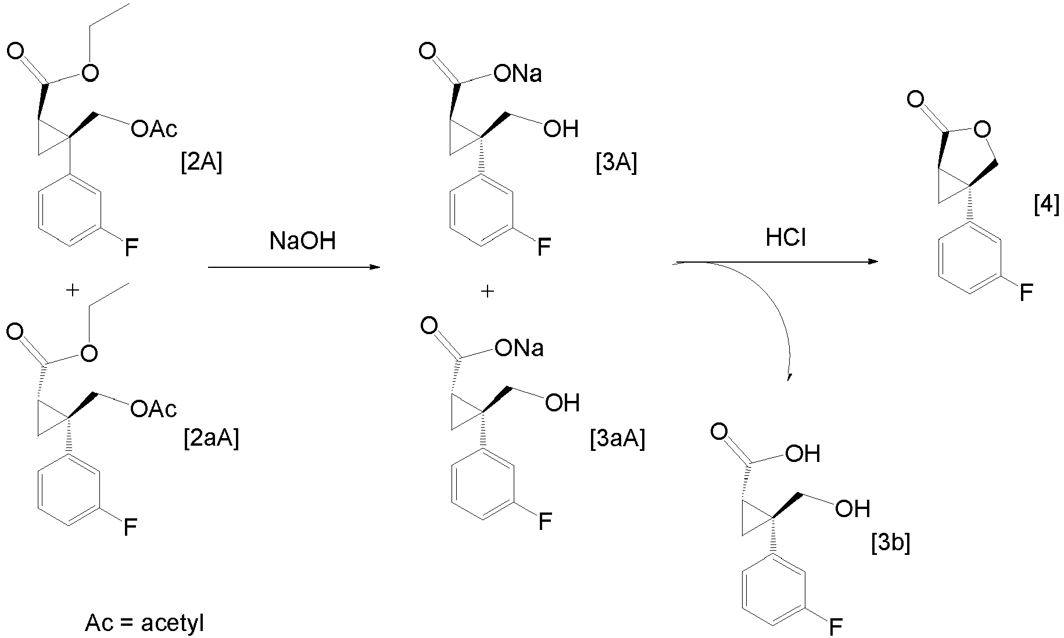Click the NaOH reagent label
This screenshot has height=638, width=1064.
pyautogui.click(x=303, y=241)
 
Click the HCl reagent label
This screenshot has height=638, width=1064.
pyautogui.click(x=786, y=238)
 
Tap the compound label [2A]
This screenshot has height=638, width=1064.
pyautogui.click(x=202, y=163)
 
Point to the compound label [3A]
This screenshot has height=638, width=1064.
pyautogui.click(x=617, y=163)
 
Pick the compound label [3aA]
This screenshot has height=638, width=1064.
pyautogui.click(x=617, y=438)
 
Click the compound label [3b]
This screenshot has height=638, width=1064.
pyautogui.click(x=891, y=543)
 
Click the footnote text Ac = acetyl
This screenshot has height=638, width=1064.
pyautogui.click(x=145, y=623)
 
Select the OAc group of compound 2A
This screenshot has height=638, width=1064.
pyautogui.click(x=155, y=129)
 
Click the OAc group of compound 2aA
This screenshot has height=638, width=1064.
pyautogui.click(x=154, y=409)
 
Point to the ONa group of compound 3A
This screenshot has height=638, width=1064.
pyautogui.click(x=517, y=74)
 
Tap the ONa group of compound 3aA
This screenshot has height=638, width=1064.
pyautogui.click(x=519, y=348)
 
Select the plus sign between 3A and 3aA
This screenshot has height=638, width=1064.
pyautogui.click(x=488, y=291)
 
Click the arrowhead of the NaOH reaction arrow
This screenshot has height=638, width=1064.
pyautogui.click(x=375, y=267)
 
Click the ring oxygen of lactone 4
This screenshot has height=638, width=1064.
pyautogui.click(x=981, y=129)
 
